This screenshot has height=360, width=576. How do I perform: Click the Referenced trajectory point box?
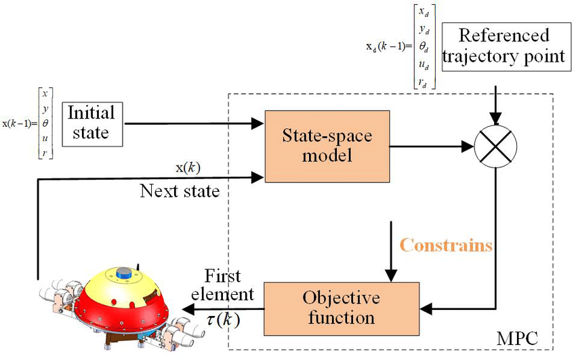pos(503,45)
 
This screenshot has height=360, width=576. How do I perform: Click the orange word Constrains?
pos(446,245)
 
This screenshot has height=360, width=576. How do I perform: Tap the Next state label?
pos(180,191)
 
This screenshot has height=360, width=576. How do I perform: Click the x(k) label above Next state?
pos(188,167)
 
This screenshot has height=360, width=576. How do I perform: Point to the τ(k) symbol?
pos(222,317)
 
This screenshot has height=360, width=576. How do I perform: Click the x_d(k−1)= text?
pos(389,47)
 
